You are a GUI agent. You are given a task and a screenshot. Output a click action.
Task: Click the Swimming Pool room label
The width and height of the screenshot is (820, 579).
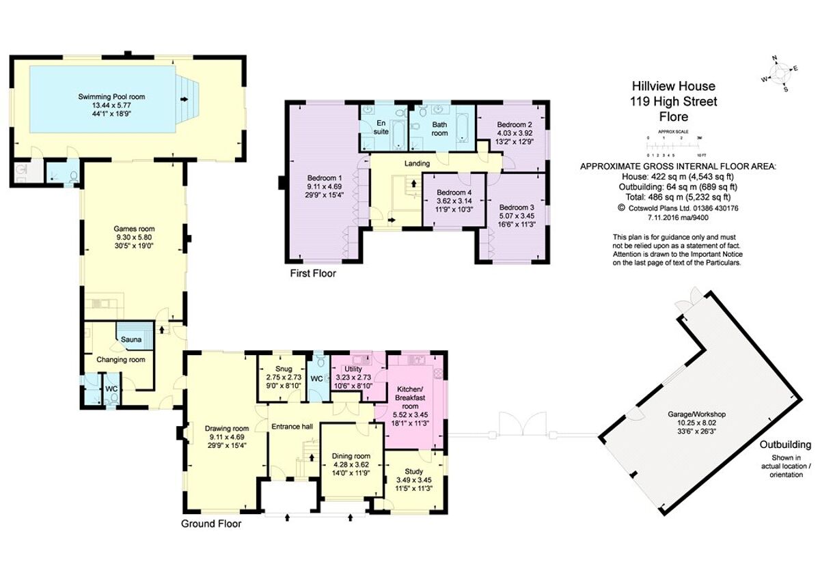(111, 97)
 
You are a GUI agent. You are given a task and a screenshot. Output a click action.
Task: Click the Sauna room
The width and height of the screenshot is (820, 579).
(131, 339)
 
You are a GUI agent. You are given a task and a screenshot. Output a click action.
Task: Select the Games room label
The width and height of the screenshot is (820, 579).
(134, 229)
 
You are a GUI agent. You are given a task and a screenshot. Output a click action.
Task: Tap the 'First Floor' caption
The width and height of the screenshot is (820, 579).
(313, 273)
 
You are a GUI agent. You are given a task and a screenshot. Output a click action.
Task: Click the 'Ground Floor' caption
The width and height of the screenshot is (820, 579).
(210, 524)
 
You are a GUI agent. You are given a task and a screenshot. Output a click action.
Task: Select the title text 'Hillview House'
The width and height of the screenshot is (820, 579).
(673, 87)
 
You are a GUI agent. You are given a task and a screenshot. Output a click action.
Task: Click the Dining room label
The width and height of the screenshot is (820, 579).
(351, 456)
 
